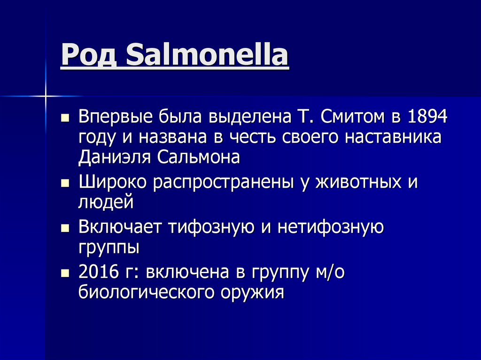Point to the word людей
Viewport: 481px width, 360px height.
click(x=106, y=202)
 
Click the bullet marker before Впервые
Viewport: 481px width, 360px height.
click(x=65, y=116)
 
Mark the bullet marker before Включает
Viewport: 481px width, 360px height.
click(x=65, y=228)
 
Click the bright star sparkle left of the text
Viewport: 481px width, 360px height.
click(x=46, y=96)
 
